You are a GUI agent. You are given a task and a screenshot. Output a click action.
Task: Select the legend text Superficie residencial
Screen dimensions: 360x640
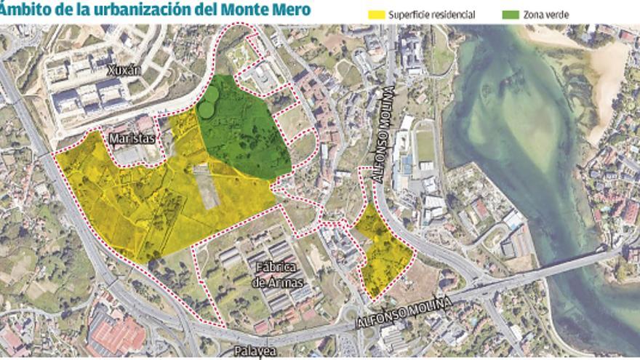tap(431, 15)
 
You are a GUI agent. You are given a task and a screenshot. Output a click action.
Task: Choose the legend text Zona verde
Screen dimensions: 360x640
tap(544, 15)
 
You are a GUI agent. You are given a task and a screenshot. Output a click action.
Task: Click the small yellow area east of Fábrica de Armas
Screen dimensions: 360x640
tap(383, 251)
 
